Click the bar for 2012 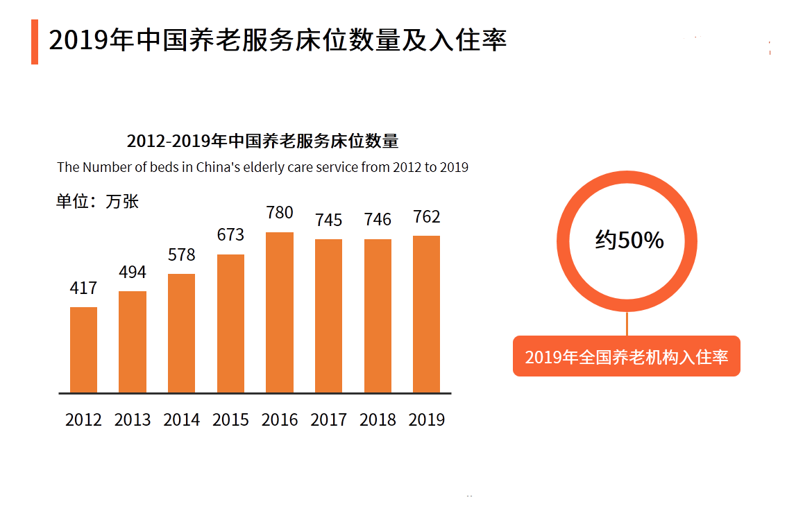pos(83,349)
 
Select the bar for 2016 pos(280,312)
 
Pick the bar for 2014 pos(181,333)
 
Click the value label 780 pos(280,212)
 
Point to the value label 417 pos(83,288)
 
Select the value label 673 pos(230,234)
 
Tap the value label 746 pos(378,220)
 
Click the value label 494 pos(133,272)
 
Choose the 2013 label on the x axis pos(133,419)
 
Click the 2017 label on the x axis pos(328,419)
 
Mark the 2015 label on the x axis pos(230,419)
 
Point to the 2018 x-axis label pos(378,419)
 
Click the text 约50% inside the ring pos(629,240)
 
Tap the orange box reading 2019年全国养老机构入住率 pos(626,356)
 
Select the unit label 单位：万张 pos(97,202)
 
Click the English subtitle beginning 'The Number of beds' pos(262,167)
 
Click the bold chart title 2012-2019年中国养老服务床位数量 pos(262,141)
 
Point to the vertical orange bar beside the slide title pos(35,42)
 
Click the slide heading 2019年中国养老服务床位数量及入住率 pos(278,40)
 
